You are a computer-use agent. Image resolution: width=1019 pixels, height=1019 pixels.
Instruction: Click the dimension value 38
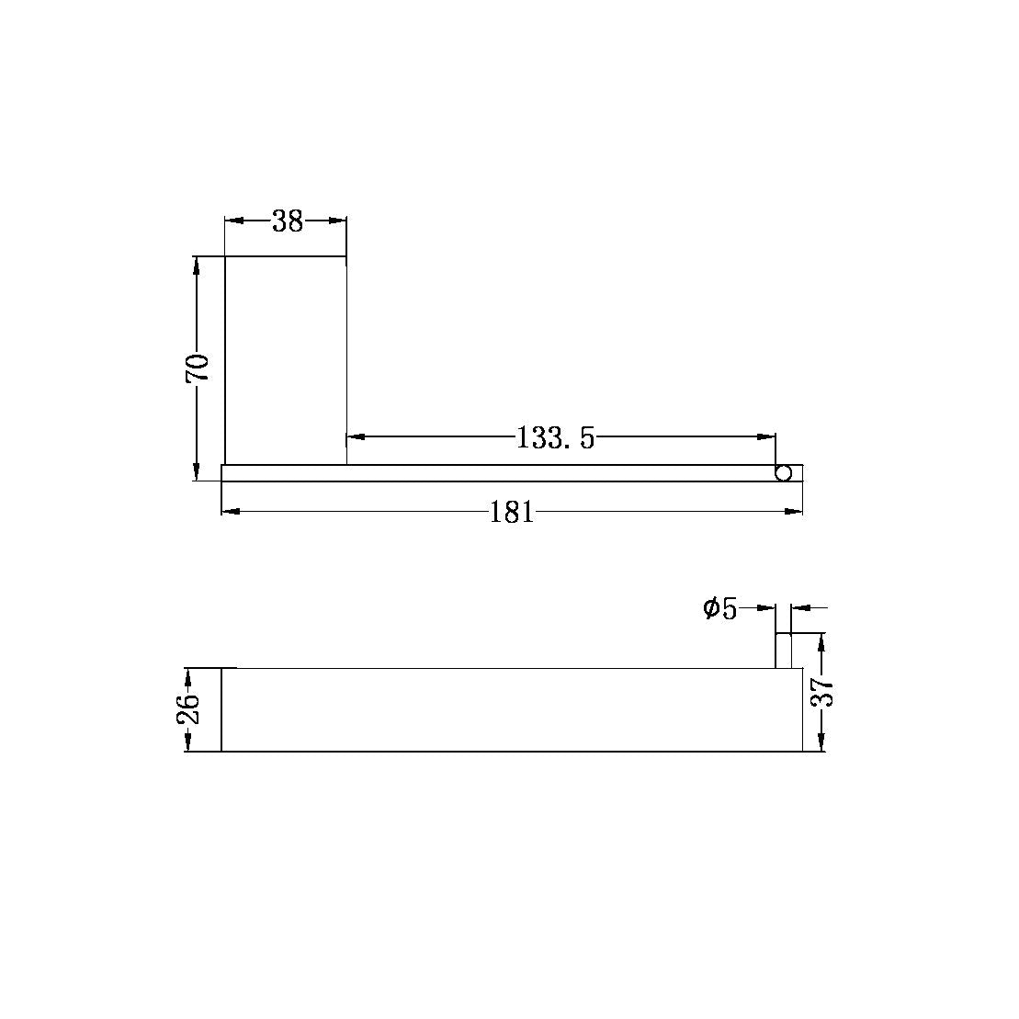pos(288,221)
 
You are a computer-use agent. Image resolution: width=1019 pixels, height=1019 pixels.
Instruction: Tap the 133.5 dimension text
pos(556,438)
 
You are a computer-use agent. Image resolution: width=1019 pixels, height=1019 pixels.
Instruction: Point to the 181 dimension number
pos(512,512)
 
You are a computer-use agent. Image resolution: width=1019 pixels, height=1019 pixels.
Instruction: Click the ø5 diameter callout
pos(720,608)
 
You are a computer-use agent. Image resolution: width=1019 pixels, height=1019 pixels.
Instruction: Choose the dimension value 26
pos(187,708)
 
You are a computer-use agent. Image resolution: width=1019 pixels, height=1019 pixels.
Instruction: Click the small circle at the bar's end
pos(784,473)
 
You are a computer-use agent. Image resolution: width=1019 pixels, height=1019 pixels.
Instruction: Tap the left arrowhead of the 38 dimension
pos(233,221)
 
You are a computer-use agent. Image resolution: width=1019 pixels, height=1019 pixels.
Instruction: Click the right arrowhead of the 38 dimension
pos(338,221)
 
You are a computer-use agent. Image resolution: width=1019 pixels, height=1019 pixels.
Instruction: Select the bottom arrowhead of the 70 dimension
pos(197,472)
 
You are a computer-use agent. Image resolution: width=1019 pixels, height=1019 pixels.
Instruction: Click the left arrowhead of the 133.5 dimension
pos(355,436)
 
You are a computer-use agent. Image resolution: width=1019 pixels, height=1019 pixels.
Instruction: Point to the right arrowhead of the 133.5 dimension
pos(767,436)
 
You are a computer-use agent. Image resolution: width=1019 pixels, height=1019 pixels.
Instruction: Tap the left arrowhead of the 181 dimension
pos(231,511)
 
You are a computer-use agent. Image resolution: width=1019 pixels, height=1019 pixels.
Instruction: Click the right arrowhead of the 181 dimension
pos(795,511)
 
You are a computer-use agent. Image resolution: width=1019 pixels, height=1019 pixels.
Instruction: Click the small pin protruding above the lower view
pos(784,651)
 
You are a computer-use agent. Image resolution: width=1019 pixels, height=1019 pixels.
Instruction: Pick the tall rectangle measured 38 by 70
pos(286,360)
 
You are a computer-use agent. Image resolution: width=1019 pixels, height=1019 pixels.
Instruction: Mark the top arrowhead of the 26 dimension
pos(187,676)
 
